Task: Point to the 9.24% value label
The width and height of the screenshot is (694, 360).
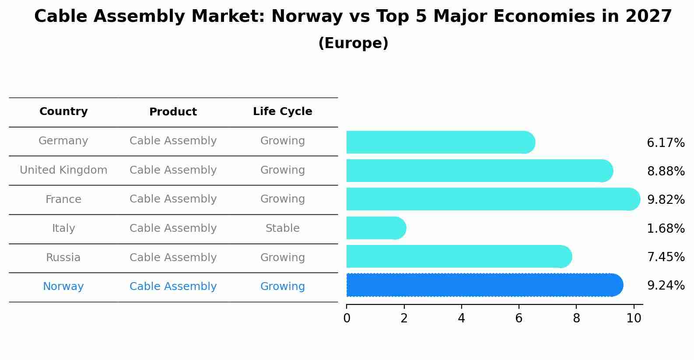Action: pos(666,286)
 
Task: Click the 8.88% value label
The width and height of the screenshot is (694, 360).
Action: pos(666,171)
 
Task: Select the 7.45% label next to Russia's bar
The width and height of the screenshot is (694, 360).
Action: pos(666,257)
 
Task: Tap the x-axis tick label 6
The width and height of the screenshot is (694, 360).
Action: pos(519,318)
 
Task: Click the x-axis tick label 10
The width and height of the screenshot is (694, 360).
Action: pos(633,318)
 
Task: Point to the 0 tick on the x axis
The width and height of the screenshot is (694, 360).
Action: pos(347,318)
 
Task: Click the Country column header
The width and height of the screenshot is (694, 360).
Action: pos(63,112)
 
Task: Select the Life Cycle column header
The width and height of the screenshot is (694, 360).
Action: pos(282,112)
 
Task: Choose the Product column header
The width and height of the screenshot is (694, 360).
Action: pos(173,112)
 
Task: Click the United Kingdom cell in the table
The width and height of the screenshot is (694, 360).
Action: pos(63,170)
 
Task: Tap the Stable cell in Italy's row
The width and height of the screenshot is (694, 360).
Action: pos(282,228)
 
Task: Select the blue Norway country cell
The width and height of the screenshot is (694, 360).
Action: pos(63,287)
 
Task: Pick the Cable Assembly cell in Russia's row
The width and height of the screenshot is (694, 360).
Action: pos(173,258)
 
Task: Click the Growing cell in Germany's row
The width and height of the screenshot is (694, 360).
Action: pos(282,141)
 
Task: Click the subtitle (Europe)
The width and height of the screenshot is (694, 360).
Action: pos(353,43)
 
